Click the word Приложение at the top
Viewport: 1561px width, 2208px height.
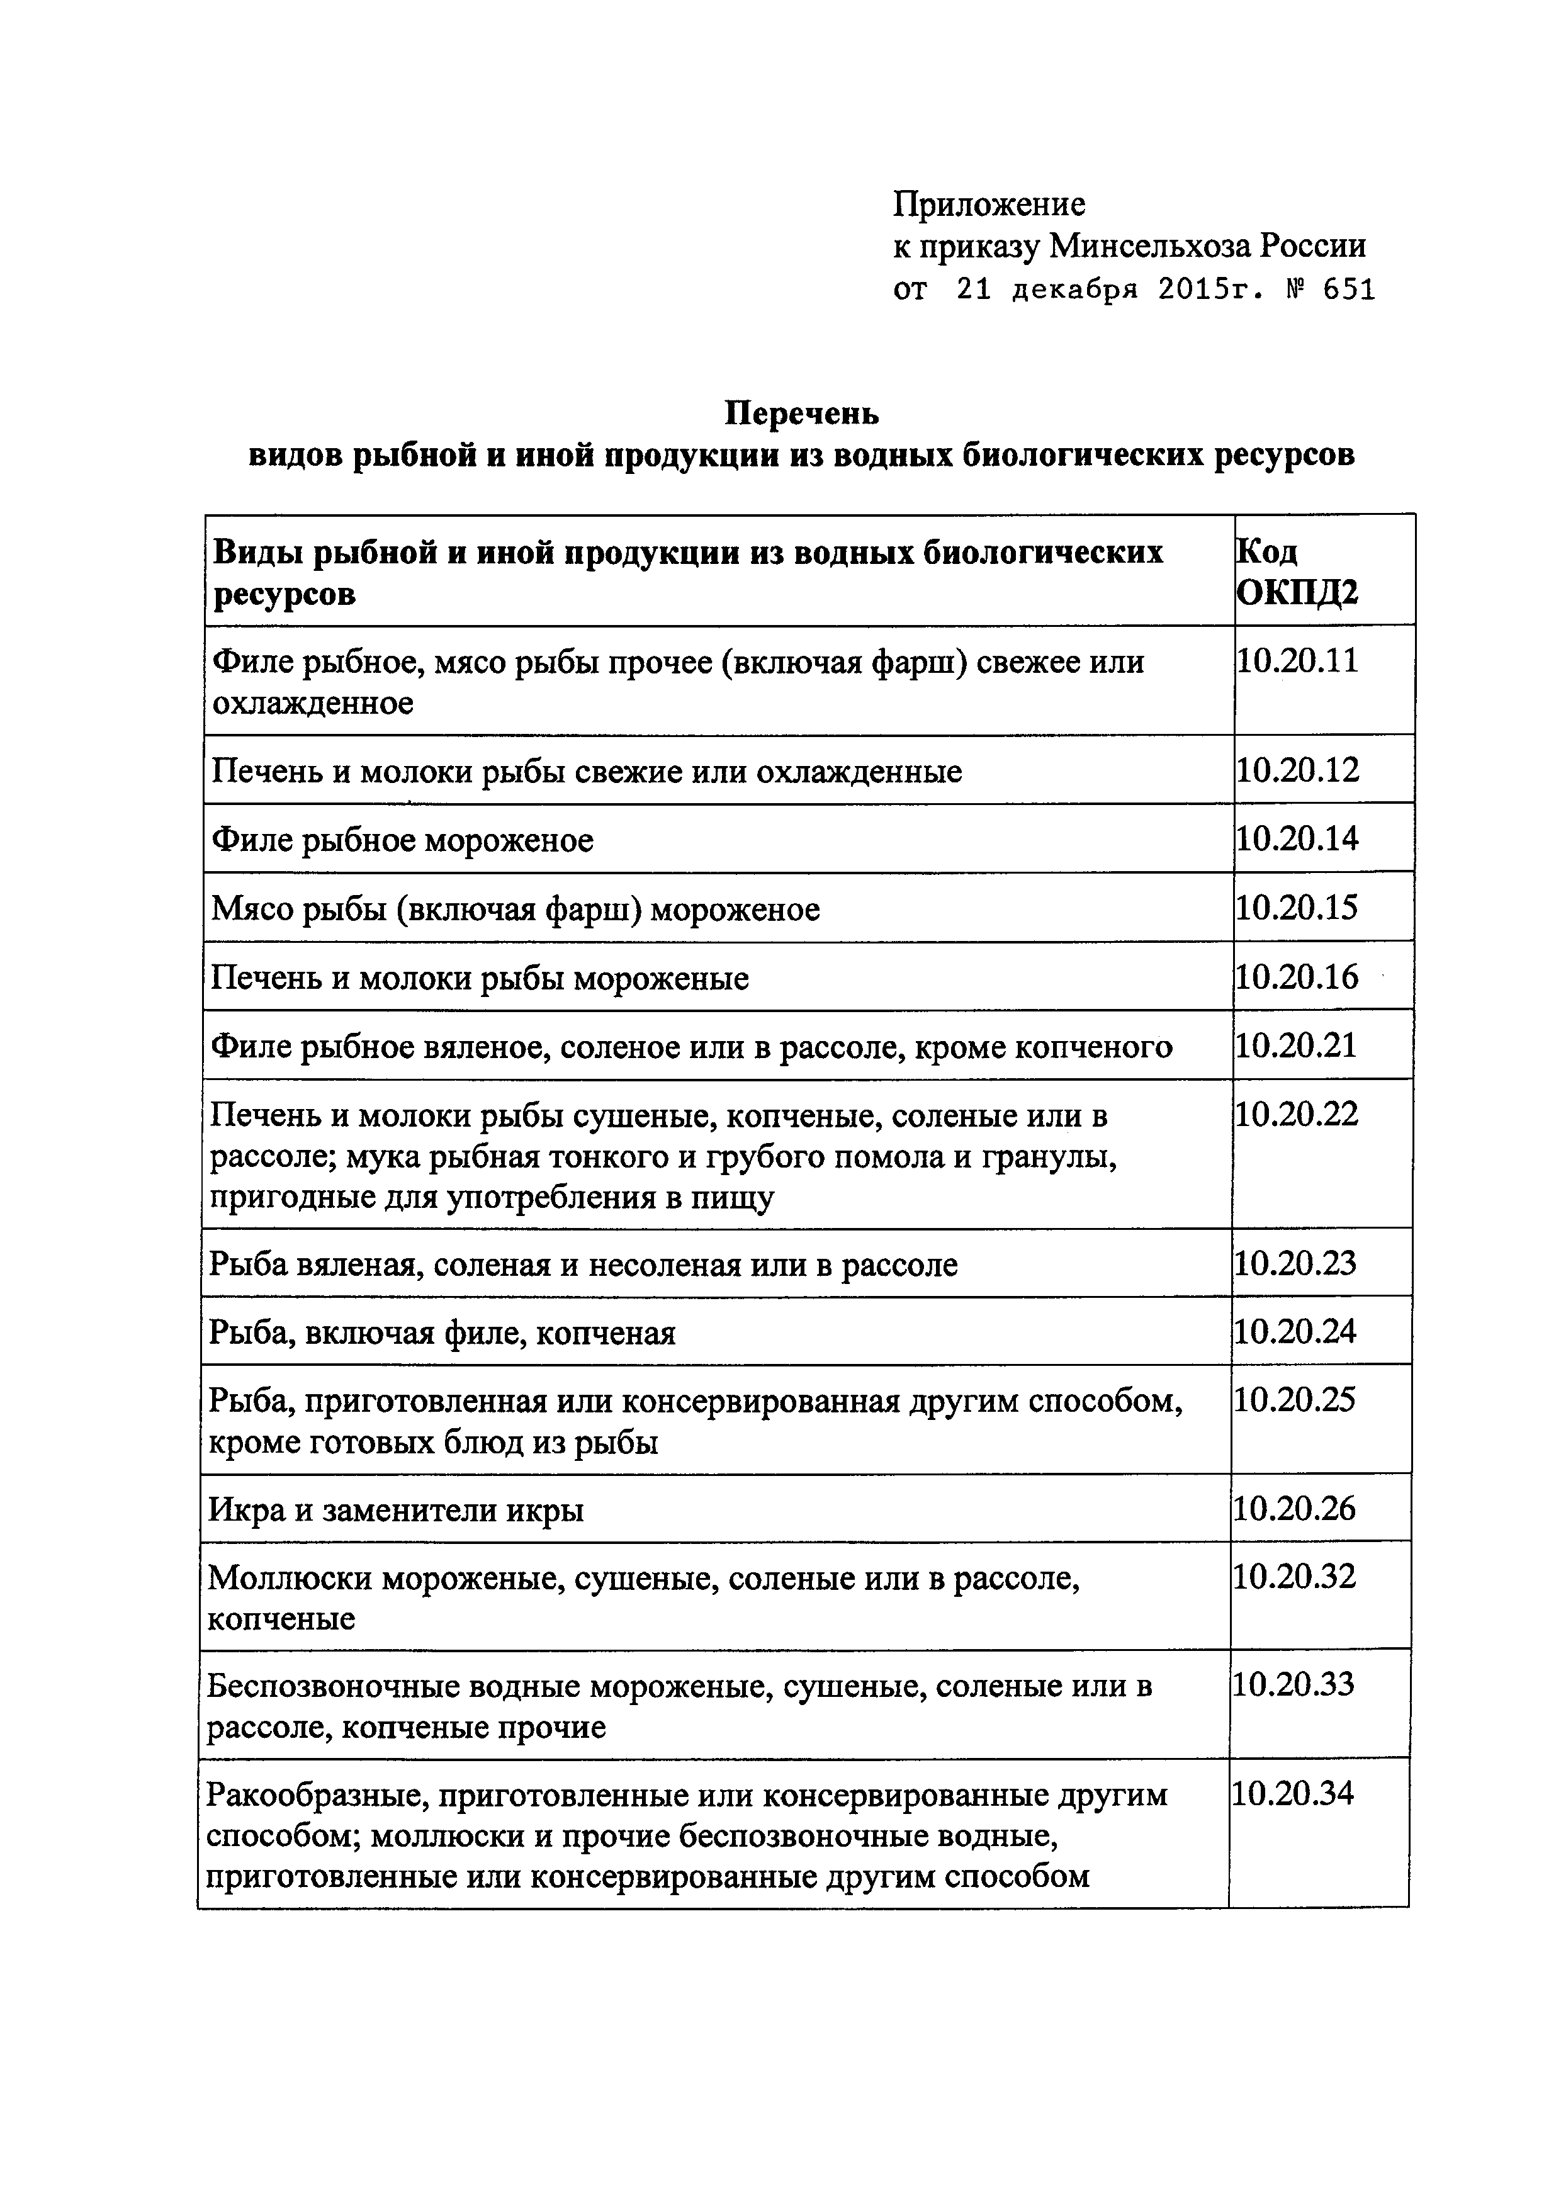pos(989,204)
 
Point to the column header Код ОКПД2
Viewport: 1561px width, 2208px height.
pos(1297,572)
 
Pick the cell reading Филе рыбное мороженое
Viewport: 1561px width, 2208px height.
pos(402,840)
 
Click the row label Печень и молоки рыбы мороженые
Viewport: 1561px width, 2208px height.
pos(479,979)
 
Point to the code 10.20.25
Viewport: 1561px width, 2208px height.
pos(1295,1400)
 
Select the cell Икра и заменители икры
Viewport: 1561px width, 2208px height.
pos(395,1510)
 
